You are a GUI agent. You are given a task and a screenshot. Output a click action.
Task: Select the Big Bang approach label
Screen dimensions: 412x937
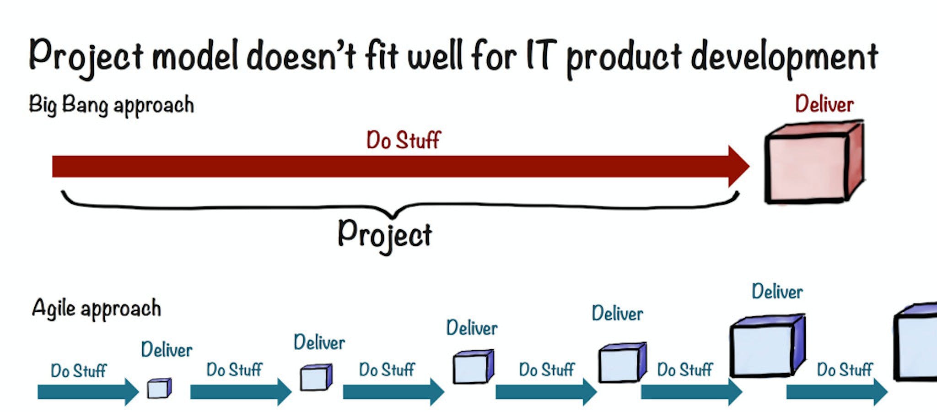[111, 105]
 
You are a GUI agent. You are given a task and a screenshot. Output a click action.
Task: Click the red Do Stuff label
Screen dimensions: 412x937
[403, 140]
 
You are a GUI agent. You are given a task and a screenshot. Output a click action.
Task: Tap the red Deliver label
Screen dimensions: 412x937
[824, 104]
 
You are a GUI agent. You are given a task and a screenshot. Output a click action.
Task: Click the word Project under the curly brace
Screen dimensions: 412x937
[385, 235]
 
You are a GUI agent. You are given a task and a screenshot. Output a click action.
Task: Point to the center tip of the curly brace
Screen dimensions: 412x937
[393, 215]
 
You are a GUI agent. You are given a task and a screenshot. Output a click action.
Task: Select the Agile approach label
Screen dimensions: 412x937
[97, 308]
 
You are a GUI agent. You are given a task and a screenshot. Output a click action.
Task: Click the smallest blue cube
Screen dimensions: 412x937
[159, 389]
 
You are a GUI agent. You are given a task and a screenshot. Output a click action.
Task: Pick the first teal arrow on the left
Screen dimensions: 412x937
[87, 392]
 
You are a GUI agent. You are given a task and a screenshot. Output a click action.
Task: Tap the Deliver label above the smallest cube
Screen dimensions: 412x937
[167, 350]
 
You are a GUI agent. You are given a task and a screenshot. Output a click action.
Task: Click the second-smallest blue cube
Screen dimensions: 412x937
[316, 378]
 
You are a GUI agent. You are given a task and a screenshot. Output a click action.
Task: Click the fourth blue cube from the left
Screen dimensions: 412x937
[621, 363]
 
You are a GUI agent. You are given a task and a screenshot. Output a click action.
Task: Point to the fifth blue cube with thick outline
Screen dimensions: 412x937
[766, 347]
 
